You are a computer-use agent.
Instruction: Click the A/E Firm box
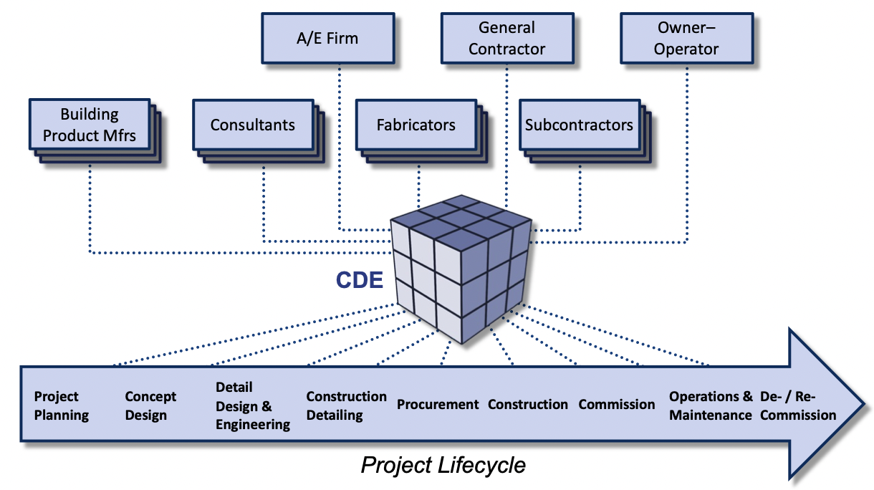click(x=327, y=39)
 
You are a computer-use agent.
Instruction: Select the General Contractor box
click(x=506, y=39)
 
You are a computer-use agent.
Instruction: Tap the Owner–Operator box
click(x=687, y=39)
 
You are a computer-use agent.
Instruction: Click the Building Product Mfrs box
click(x=90, y=125)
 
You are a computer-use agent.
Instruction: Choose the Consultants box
click(x=253, y=125)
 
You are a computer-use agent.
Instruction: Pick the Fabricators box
click(x=416, y=125)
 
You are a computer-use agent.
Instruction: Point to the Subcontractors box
click(x=580, y=125)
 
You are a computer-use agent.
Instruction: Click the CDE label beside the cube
click(x=360, y=279)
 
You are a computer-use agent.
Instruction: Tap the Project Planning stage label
click(x=62, y=405)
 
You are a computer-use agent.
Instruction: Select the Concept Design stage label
click(x=150, y=405)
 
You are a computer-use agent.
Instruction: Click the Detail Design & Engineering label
click(x=253, y=405)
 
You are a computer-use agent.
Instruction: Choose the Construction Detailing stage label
click(x=346, y=405)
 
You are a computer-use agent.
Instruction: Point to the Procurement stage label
click(x=438, y=405)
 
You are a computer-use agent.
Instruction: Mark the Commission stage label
click(x=617, y=405)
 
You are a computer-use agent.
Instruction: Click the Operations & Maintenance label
click(x=711, y=405)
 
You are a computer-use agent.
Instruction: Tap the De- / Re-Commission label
click(x=797, y=405)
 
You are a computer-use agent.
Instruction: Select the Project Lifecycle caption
click(x=443, y=466)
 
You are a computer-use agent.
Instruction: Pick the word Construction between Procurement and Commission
click(x=528, y=405)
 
